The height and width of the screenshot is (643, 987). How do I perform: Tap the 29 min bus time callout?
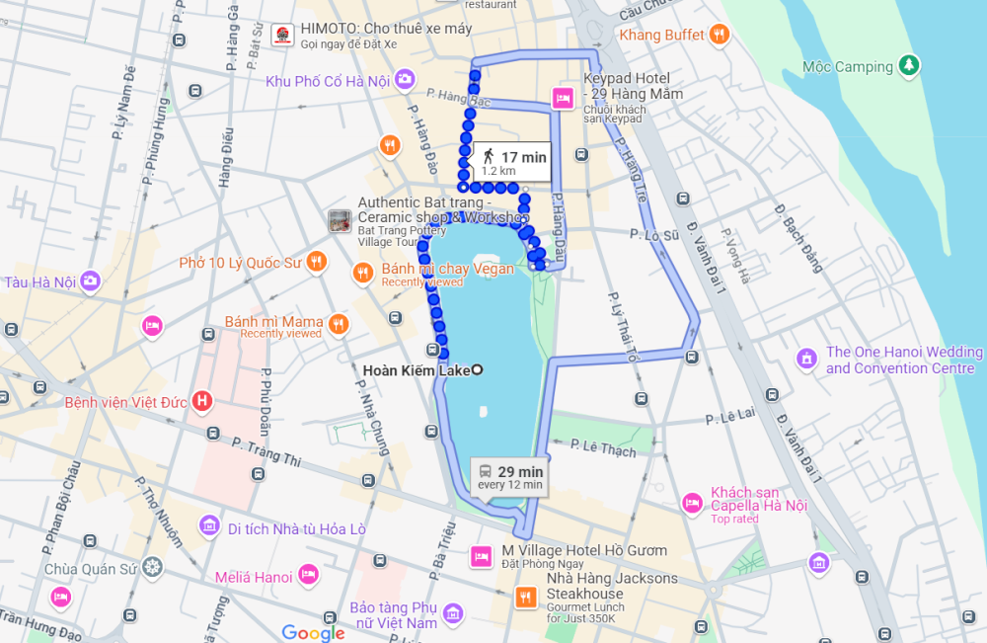tap(509, 476)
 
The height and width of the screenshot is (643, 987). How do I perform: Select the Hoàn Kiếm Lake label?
tap(417, 370)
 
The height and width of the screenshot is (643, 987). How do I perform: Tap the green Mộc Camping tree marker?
tap(909, 66)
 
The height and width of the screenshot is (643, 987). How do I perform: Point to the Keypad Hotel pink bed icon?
tap(563, 97)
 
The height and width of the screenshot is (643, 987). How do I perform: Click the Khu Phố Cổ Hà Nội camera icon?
tap(405, 79)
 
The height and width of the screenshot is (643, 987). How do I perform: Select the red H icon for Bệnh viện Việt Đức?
tap(202, 401)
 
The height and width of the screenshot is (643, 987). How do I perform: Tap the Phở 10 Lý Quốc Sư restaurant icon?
tap(316, 262)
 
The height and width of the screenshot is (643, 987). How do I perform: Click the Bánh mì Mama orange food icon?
tap(339, 323)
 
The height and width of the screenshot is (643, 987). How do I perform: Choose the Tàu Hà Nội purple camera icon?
tap(91, 281)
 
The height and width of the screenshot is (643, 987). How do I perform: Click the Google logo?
tap(313, 632)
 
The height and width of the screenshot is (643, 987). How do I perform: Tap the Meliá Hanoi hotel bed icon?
tap(308, 575)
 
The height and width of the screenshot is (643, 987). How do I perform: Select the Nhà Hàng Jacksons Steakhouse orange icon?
tap(525, 596)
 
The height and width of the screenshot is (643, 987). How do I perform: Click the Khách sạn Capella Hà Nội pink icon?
tap(692, 503)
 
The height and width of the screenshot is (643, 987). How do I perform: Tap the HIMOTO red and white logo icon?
tap(282, 37)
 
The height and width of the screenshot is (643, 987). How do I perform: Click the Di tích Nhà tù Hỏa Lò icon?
tap(208, 525)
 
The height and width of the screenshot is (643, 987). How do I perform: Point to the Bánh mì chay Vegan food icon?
tap(363, 272)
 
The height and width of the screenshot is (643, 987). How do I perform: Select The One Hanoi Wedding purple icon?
tap(806, 358)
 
